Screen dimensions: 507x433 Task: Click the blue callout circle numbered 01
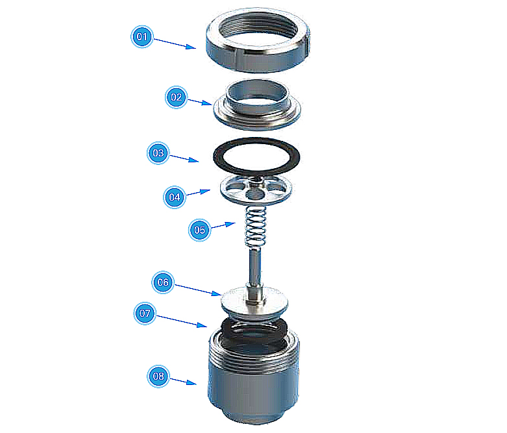(142, 36)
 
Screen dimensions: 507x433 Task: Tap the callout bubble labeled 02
(176, 97)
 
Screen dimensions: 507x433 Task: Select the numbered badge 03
(158, 153)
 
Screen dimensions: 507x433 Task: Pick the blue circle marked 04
(175, 197)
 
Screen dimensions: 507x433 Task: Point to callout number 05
(200, 230)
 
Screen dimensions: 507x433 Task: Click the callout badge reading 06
(163, 282)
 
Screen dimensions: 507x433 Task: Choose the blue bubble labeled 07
(145, 314)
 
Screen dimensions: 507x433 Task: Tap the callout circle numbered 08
(158, 377)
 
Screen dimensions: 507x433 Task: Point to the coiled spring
(256, 226)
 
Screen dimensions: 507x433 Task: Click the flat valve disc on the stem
(233, 301)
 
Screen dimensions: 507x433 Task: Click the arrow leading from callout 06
(198, 290)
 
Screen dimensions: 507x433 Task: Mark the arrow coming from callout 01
(175, 43)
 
